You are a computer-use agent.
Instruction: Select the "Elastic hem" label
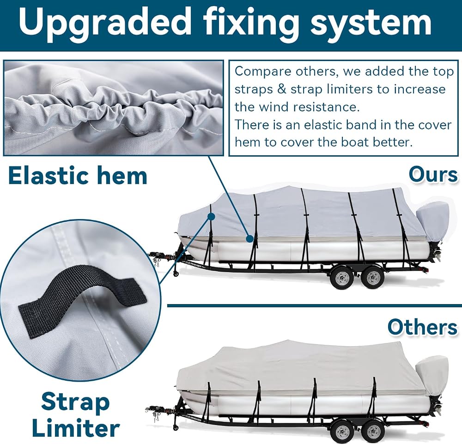click(x=78, y=176)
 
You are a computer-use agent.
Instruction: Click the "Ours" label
click(x=433, y=175)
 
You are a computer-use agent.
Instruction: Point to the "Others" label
click(x=422, y=327)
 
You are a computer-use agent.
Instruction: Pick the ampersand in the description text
click(x=282, y=89)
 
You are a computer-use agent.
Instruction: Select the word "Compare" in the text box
click(x=263, y=72)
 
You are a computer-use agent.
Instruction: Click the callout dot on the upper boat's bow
click(x=211, y=217)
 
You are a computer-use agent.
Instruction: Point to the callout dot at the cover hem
click(x=250, y=238)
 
